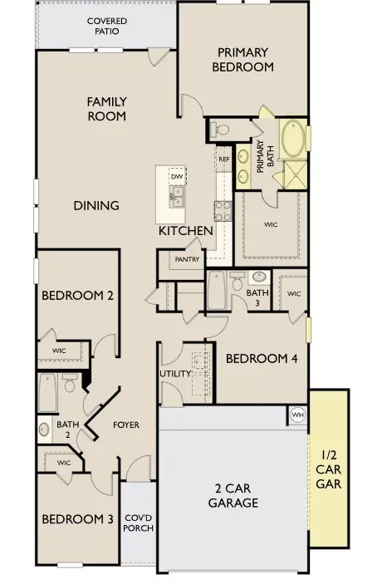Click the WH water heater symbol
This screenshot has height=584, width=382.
298,415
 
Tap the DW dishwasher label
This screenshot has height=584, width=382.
177,176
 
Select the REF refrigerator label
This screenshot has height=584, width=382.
224,159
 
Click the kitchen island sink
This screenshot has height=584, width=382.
177,196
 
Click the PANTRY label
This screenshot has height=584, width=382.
187,259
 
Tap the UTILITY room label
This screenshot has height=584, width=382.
175,374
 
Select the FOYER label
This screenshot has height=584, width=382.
126,425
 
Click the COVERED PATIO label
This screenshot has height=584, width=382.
107,26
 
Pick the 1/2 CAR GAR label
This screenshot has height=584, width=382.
328,469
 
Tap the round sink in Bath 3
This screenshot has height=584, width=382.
259,277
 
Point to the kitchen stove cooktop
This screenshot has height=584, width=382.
223,211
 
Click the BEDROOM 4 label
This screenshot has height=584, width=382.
262,359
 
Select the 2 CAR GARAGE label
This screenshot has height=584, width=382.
233,495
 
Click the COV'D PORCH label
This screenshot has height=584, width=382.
138,523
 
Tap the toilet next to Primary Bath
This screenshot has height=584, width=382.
219,130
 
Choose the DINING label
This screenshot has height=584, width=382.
96,205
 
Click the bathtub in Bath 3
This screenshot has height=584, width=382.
216,291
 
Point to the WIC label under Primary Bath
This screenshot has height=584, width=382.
271,224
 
